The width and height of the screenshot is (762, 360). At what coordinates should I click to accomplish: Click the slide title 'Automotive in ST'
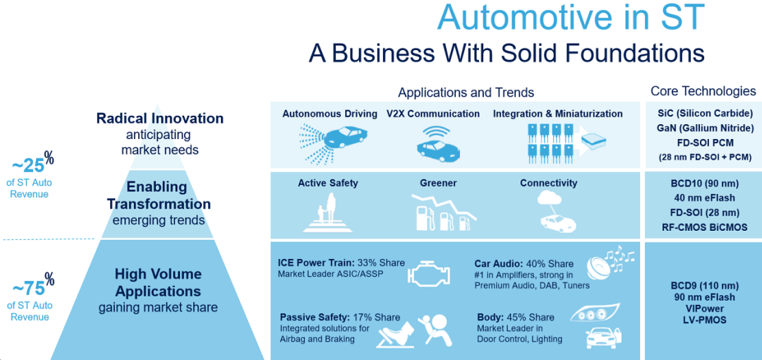pos(570,17)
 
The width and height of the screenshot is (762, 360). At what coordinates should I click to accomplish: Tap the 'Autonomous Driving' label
pos(329,114)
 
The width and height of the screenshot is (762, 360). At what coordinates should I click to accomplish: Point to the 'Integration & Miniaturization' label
pos(557,114)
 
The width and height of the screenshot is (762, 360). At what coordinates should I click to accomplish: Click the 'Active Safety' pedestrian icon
pos(327,212)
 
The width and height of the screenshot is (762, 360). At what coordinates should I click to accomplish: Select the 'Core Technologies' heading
pos(703,91)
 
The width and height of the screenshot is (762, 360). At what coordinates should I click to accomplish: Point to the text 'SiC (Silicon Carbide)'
pos(704,114)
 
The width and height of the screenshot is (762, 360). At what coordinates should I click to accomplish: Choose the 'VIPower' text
pos(704,308)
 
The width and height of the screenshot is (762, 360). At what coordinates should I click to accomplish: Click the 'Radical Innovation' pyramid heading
pos(160,119)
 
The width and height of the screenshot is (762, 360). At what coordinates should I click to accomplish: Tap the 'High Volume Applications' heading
pos(158,282)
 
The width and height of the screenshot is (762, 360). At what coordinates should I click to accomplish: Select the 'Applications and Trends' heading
pos(466,92)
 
